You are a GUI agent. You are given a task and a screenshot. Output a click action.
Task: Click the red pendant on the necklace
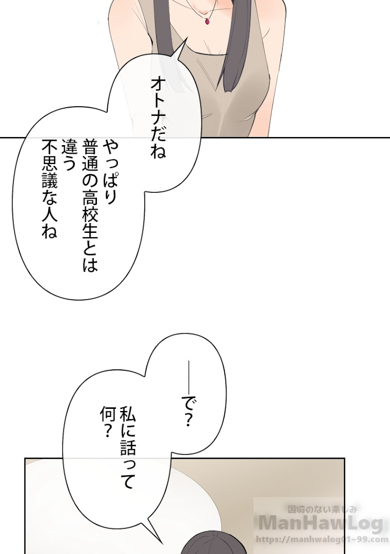[x=208, y=21]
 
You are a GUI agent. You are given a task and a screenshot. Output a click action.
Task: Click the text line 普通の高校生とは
[x=90, y=206]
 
